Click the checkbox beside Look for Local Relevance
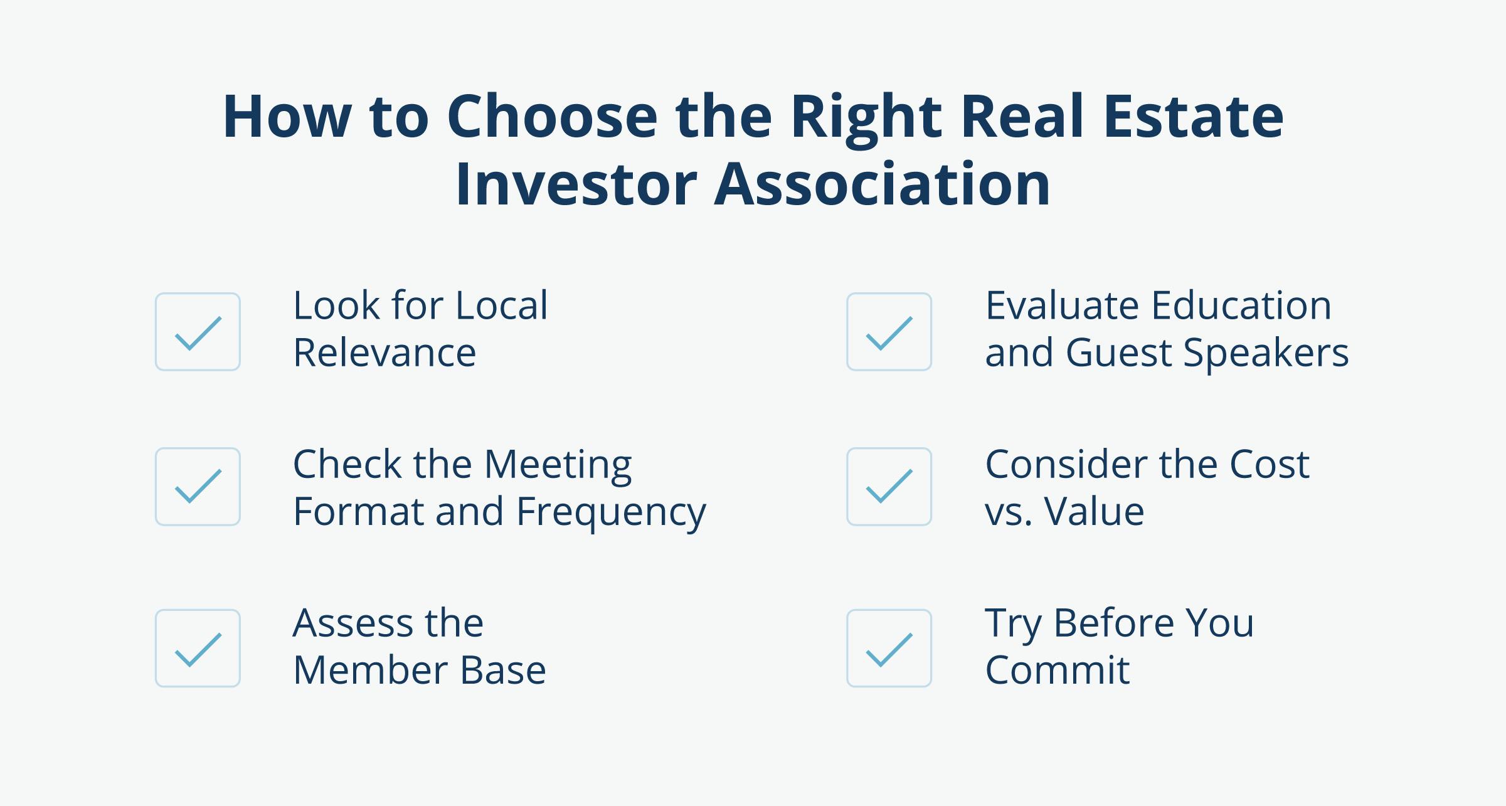tap(198, 332)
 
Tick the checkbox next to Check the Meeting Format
tap(198, 487)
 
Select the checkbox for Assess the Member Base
tap(198, 648)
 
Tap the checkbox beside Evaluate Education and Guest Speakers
tap(889, 332)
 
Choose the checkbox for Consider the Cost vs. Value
tap(889, 487)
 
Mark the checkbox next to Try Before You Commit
tap(889, 648)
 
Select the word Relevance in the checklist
tap(384, 353)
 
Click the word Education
tap(1241, 305)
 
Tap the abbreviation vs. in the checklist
tap(1007, 512)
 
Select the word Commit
tap(1057, 670)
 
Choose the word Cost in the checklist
tap(1270, 465)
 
